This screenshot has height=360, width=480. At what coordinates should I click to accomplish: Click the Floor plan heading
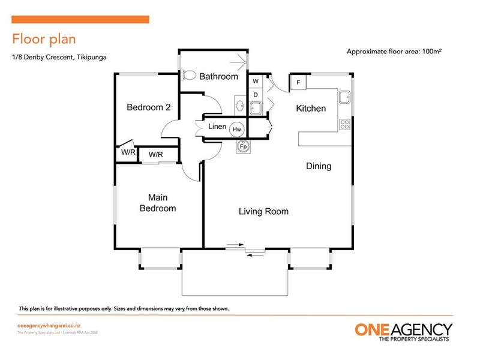(44, 39)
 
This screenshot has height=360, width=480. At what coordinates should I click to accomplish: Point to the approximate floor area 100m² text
(394, 52)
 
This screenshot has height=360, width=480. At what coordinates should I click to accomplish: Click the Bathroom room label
(218, 77)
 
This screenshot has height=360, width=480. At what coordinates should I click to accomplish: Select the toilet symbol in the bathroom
(188, 76)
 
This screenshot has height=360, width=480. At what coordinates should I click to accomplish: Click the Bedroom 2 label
(149, 107)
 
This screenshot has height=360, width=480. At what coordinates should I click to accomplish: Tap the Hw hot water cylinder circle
(237, 129)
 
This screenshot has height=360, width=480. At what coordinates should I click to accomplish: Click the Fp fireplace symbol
(244, 146)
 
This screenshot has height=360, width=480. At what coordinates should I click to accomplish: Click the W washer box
(256, 81)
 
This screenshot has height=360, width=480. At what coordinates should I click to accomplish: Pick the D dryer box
(256, 95)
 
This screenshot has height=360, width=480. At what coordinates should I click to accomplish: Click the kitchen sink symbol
(344, 97)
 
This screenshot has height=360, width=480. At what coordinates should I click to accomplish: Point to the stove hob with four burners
(345, 125)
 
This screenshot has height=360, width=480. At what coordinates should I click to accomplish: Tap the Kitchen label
(311, 109)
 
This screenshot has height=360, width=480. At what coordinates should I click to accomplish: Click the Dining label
(319, 166)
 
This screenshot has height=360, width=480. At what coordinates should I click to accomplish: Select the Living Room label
(263, 211)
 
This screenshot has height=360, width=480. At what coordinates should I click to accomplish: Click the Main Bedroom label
(158, 203)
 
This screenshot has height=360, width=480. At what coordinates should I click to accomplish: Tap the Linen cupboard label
(217, 127)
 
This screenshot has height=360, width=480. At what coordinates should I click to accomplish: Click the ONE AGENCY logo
(403, 332)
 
